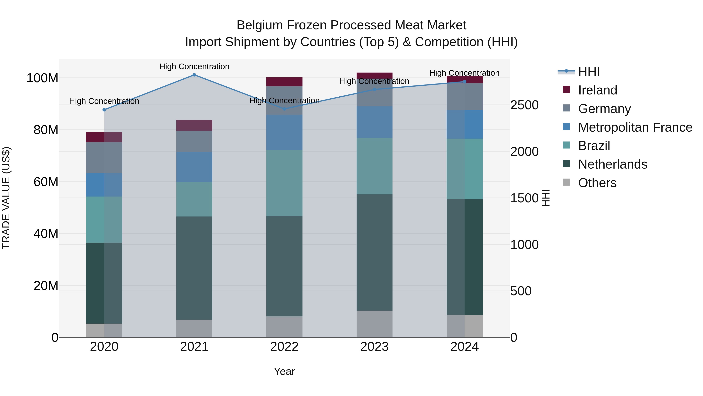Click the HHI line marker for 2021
tap(194, 75)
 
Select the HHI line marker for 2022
tap(284, 109)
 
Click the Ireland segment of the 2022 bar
tap(284, 82)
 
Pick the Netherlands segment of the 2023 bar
tap(374, 252)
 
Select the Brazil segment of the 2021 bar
tap(194, 199)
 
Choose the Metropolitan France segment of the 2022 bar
tap(284, 133)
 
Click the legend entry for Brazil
tap(594, 146)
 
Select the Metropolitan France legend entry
tap(635, 127)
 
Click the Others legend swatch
tap(566, 182)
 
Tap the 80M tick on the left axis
tap(46, 130)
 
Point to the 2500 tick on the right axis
tap(524, 105)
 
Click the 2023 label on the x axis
tap(374, 347)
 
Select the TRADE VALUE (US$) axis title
tap(6, 198)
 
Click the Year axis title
tap(284, 371)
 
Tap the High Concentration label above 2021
tap(194, 66)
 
